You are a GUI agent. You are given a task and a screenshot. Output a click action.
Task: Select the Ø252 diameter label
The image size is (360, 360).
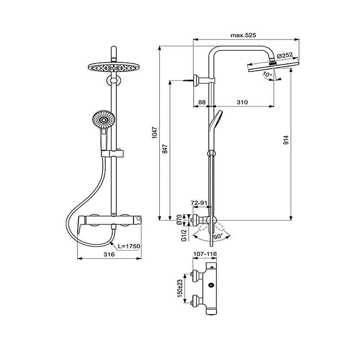tap(286, 55)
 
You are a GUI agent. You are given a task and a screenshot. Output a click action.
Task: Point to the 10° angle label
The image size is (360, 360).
tap(267, 75)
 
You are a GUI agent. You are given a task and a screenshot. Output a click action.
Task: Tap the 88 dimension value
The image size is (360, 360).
tap(202, 102)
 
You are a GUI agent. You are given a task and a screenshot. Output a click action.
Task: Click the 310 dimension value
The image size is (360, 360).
tap(242, 102)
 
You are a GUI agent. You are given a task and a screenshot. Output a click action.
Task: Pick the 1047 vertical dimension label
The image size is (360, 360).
tap(154, 133)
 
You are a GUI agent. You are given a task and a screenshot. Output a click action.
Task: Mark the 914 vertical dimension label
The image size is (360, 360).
tap(286, 140)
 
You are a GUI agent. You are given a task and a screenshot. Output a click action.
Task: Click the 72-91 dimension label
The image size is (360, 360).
tap(199, 203)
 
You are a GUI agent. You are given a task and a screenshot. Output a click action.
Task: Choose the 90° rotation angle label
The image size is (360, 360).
tap(218, 237)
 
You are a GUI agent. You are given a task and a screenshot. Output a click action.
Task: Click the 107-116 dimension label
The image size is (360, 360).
tap(205, 254)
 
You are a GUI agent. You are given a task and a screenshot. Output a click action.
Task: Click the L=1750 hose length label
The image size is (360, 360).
tap(129, 246)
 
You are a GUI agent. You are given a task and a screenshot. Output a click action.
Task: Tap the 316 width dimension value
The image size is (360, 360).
tap(109, 255)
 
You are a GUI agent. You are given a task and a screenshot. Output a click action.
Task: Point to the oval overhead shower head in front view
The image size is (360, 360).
tap(114, 68)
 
